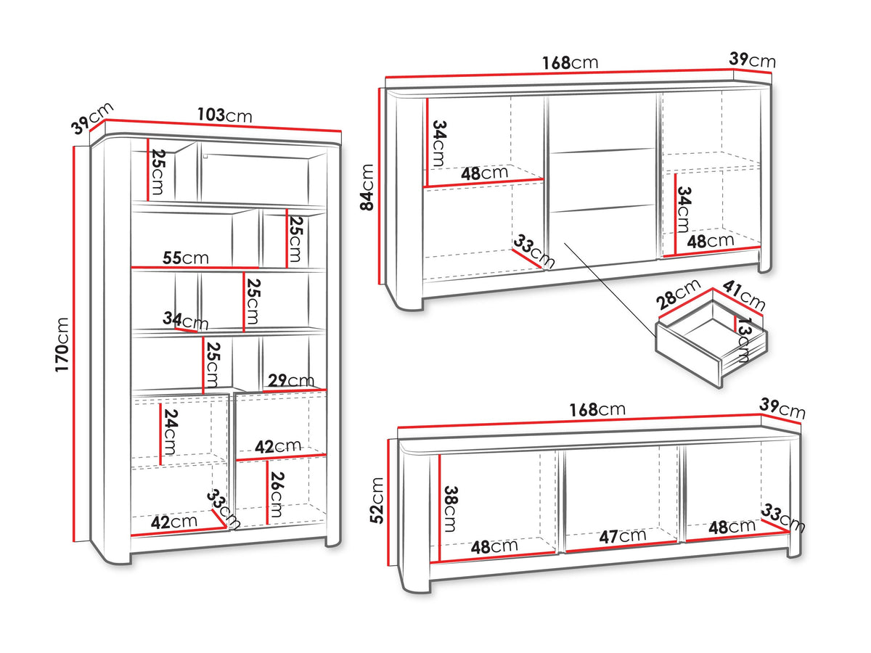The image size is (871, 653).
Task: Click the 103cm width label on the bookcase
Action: [224, 115]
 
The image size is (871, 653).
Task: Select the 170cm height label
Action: [62, 344]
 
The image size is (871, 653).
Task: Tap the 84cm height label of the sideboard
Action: [367, 187]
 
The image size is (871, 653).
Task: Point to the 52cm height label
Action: [376, 501]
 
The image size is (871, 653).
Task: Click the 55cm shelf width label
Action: [185, 258]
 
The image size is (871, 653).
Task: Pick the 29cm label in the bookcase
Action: [291, 380]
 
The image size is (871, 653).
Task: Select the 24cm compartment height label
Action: [171, 432]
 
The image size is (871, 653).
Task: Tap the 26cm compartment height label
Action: [277, 494]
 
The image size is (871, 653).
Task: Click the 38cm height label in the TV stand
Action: [451, 509]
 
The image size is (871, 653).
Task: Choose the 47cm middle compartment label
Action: [622, 536]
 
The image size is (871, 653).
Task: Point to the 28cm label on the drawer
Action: [677, 295]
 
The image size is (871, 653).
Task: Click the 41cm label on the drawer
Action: [743, 295]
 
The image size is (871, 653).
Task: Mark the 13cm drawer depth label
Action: [743, 340]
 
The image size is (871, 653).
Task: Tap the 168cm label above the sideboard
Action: [570, 62]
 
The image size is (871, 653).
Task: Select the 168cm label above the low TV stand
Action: [597, 409]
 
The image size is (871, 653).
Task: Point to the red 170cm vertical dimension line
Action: [74, 344]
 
